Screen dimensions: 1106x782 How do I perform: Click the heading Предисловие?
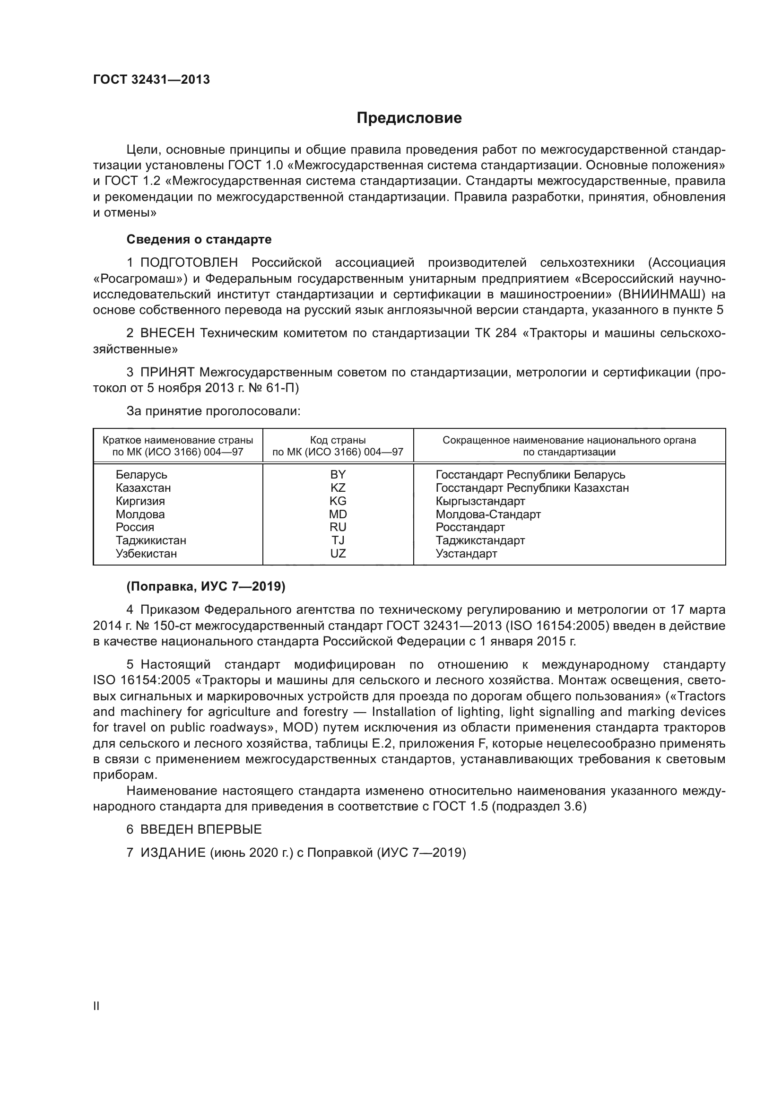pyautogui.click(x=409, y=118)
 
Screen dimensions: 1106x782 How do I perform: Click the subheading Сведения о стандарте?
pyautogui.click(x=199, y=239)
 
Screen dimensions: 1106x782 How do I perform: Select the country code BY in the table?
pyautogui.click(x=338, y=474)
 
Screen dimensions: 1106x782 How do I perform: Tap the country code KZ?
pyautogui.click(x=338, y=488)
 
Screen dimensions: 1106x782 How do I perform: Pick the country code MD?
pyautogui.click(x=338, y=514)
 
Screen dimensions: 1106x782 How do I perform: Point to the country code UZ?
pyautogui.click(x=338, y=554)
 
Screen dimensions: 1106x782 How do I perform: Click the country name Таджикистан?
pyautogui.click(x=151, y=540)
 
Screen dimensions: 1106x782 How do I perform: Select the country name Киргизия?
pyautogui.click(x=140, y=501)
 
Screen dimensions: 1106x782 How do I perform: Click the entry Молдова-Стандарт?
pyautogui.click(x=488, y=514)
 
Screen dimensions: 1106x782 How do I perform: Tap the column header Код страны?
pyautogui.click(x=338, y=440)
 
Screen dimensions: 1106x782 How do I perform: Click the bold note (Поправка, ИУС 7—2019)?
pyautogui.click(x=206, y=586)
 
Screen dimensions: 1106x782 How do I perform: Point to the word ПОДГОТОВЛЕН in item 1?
pyautogui.click(x=189, y=263)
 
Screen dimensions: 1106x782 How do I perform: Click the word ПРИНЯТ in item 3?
pyautogui.click(x=167, y=372)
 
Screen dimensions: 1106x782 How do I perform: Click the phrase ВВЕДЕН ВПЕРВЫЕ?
pyautogui.click(x=201, y=829)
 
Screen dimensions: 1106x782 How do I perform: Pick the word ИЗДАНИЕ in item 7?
pyautogui.click(x=173, y=853)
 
